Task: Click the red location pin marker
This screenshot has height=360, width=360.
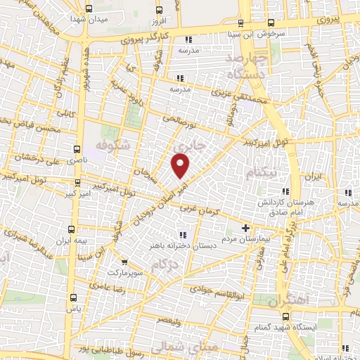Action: click(x=181, y=165)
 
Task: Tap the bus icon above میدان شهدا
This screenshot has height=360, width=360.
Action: click(x=88, y=9)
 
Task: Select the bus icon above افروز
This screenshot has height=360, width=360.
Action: click(x=160, y=9)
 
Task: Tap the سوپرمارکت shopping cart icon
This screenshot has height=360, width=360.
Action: click(x=124, y=262)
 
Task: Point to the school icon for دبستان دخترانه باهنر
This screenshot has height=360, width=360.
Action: click(x=183, y=234)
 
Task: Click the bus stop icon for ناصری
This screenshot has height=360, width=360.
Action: click(x=77, y=149)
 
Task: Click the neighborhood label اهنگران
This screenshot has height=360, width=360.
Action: click(x=288, y=300)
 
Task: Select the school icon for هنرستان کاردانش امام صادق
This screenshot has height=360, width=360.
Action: click(x=285, y=192)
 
